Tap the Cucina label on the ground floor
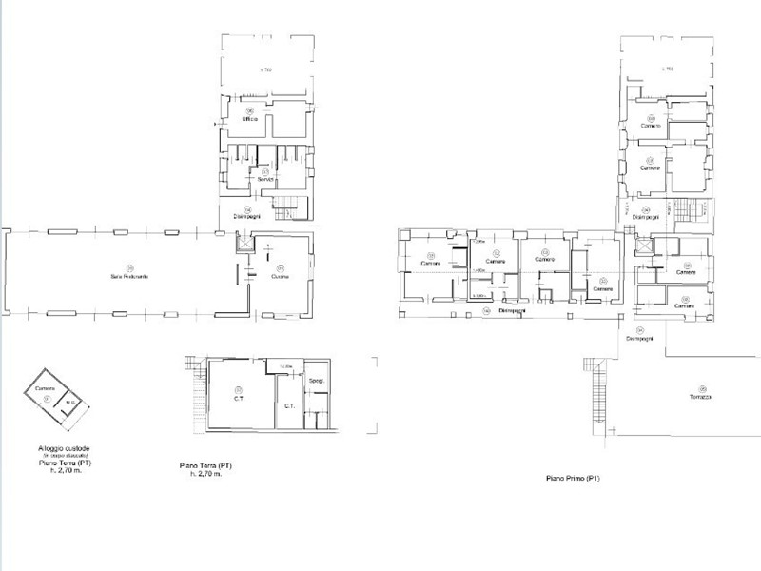[280, 277]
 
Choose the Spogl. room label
[317, 382]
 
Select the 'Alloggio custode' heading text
[60, 447]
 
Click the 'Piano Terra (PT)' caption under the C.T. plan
[206, 465]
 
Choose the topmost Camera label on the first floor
[652, 127]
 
